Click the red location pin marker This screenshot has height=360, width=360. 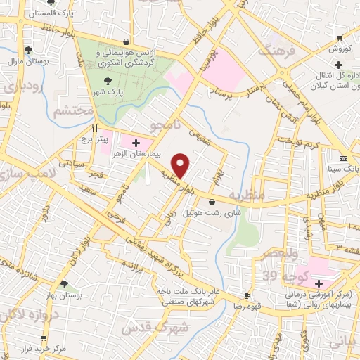181,165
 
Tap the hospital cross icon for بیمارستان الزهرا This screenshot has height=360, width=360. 136,143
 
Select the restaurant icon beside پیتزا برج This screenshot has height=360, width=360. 94,129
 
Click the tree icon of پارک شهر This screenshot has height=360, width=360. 107,81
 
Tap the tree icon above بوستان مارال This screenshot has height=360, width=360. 28,50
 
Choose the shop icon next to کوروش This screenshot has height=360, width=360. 340,38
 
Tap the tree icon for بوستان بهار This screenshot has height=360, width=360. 64,285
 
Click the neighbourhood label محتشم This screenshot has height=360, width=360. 70,111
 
